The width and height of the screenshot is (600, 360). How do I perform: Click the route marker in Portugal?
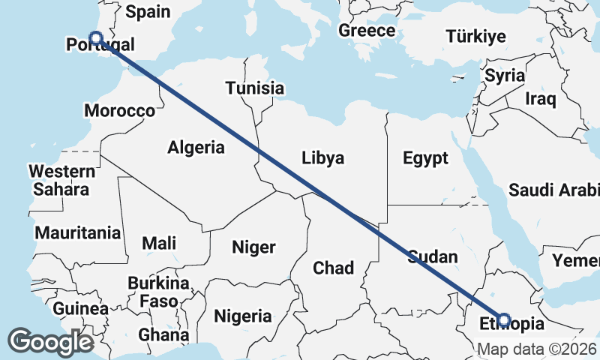95,38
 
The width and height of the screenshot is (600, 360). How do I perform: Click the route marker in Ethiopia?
504,320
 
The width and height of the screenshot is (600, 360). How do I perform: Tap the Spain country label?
148,12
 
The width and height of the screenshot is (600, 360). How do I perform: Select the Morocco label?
119,111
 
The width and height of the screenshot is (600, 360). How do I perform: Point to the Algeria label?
196,147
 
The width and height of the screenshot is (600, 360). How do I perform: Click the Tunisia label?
255,88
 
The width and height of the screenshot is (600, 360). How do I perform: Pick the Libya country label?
322,158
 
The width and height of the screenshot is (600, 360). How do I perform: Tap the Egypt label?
425,158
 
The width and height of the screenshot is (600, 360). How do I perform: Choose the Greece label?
367,31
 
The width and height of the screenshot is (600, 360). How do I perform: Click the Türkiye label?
475,37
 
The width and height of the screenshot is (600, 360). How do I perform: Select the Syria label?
505,76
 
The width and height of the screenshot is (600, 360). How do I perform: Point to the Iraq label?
540,98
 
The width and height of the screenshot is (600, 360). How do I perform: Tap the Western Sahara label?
61,179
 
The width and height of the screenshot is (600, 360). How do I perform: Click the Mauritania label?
77,232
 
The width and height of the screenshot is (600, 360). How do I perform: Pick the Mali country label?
159,243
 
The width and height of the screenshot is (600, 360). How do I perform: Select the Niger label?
253,247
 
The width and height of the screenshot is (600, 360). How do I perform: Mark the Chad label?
333,268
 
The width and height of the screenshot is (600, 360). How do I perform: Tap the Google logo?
50,342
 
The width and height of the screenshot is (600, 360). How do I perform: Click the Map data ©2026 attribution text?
537,349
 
